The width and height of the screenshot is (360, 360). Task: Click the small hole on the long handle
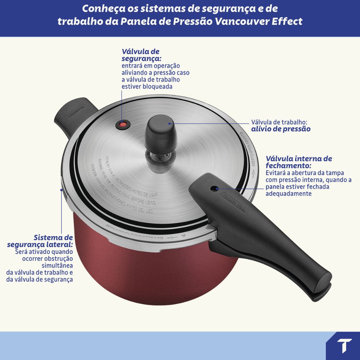click(x=215, y=188)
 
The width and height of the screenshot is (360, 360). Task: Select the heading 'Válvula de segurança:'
click(x=141, y=55)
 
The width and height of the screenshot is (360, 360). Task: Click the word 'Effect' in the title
click(x=288, y=21)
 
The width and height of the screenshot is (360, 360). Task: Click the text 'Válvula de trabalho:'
click(x=279, y=122)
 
